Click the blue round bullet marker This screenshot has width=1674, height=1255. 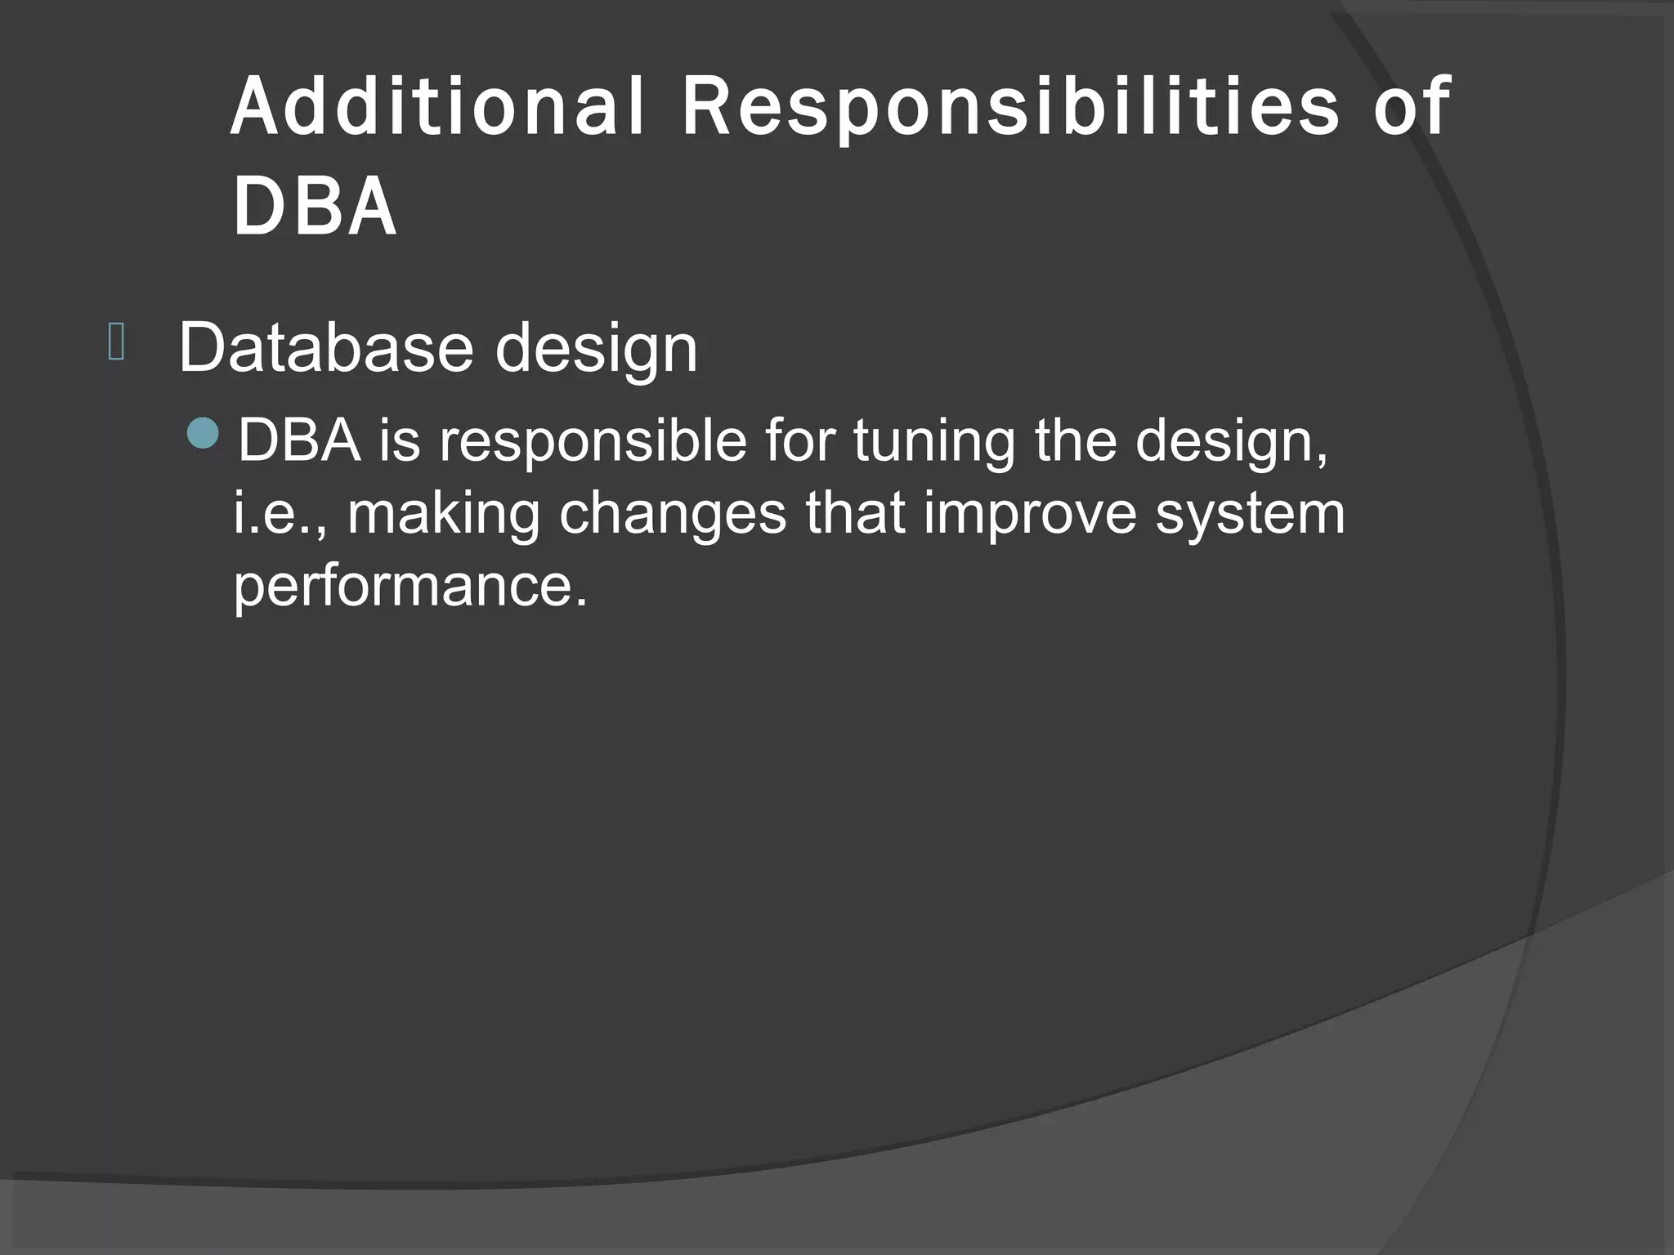click(x=203, y=433)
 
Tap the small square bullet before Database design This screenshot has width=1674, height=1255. click(x=116, y=342)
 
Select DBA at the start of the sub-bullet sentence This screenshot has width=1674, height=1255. click(x=299, y=440)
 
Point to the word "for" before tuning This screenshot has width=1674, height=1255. click(x=800, y=440)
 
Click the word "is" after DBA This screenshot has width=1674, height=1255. click(x=399, y=440)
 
